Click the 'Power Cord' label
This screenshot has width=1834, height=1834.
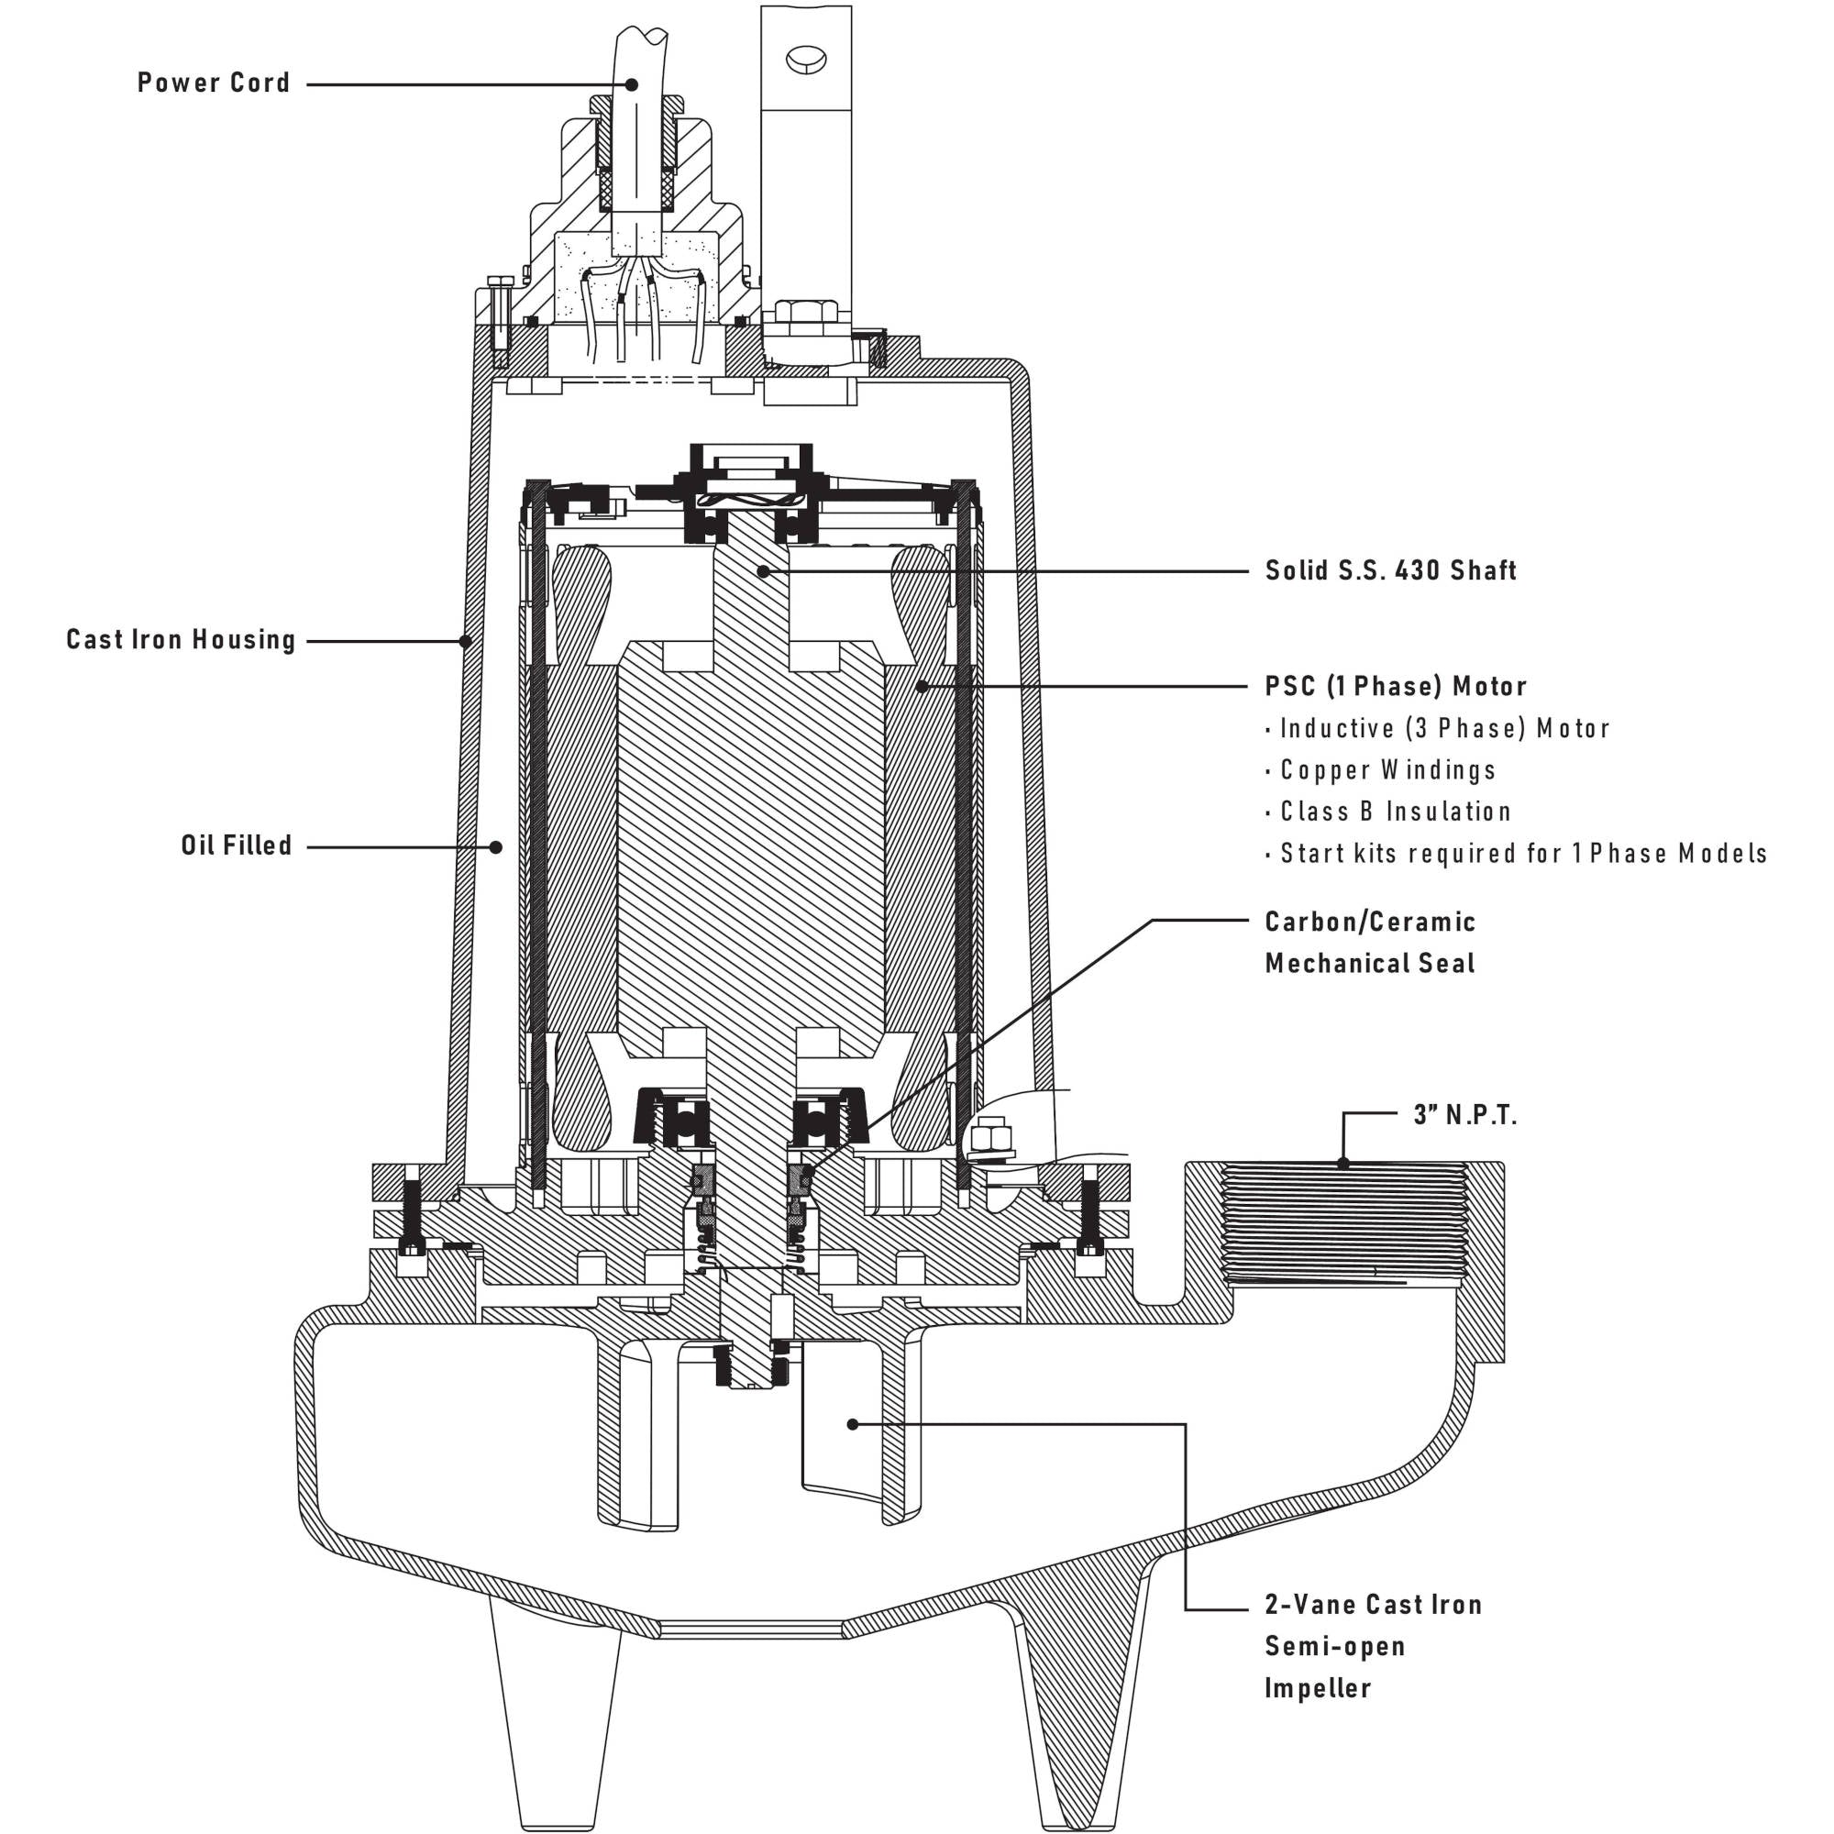click(x=214, y=83)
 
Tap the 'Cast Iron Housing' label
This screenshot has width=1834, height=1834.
click(x=182, y=640)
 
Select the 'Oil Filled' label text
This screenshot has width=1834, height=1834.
click(x=237, y=845)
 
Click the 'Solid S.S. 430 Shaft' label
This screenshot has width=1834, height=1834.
click(x=1391, y=570)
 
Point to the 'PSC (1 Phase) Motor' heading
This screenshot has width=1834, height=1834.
click(x=1396, y=686)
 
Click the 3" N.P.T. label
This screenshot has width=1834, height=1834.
click(x=1464, y=1115)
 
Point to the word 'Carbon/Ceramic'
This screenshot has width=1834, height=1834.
click(x=1370, y=922)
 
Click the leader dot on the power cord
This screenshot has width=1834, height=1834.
click(x=631, y=84)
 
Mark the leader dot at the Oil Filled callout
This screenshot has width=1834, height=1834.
click(x=495, y=846)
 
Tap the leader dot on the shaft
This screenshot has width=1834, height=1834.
click(x=762, y=571)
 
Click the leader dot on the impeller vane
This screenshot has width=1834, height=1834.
click(x=853, y=1425)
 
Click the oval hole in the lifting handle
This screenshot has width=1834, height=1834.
click(x=806, y=58)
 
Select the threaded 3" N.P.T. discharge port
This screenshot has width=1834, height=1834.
click(x=1343, y=1224)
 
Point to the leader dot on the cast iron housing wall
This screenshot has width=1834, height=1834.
click(x=465, y=642)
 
